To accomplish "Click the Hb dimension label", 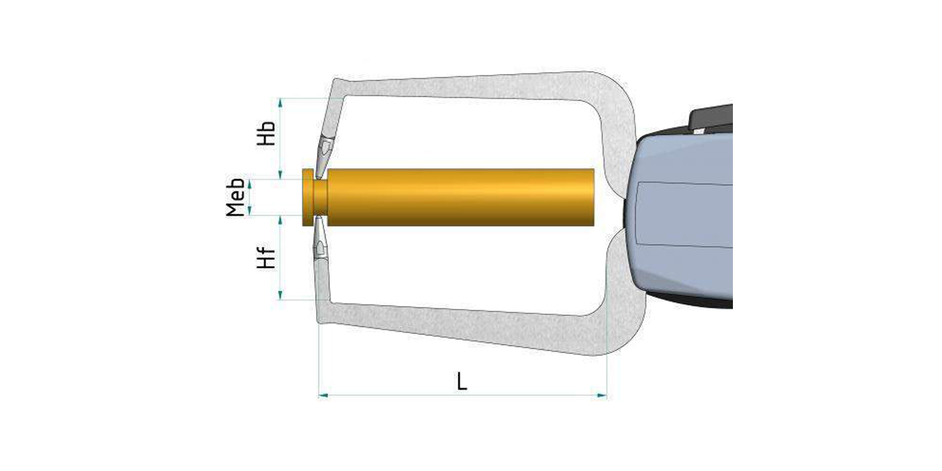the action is pos(266,133).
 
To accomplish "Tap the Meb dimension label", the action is pos(235,197).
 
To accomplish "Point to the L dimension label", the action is pos(462,381).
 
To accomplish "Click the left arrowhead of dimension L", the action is pos(323,395).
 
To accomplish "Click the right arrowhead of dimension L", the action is pos(602,395).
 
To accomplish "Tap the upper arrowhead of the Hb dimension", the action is pos(280,103).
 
